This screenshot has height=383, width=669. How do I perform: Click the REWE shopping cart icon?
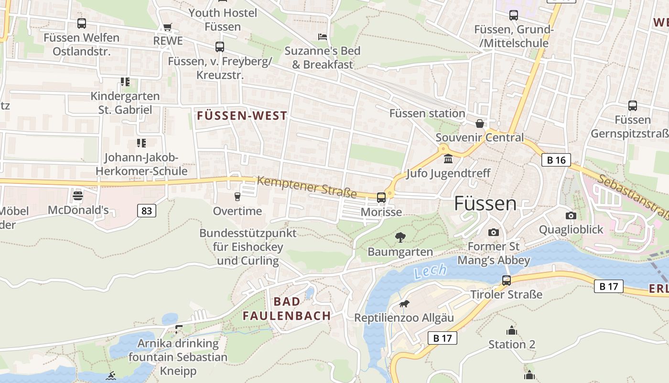(167, 27)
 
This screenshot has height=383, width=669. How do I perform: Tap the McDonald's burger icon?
(78, 196)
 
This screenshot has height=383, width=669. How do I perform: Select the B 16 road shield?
(556, 160)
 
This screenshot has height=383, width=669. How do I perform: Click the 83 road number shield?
(147, 210)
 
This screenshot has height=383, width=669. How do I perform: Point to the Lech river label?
(431, 271)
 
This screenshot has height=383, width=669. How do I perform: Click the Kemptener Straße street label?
(307, 187)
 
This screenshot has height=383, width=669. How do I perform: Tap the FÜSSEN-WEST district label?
(242, 115)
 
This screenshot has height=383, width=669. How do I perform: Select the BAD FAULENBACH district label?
(287, 309)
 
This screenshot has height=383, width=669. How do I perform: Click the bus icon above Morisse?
(381, 197)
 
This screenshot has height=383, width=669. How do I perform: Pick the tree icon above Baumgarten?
(400, 237)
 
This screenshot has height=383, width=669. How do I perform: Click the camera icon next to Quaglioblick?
(571, 215)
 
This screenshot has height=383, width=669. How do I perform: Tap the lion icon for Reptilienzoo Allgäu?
(404, 304)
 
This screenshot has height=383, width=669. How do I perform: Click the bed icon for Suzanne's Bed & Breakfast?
(323, 37)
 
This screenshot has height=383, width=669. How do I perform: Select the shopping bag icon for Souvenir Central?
(480, 124)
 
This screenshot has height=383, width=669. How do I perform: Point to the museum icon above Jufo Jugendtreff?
(448, 159)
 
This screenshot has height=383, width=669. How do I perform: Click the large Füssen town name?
(485, 203)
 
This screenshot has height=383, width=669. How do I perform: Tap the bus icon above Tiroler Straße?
(507, 280)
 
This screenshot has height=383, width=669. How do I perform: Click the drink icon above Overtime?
(237, 197)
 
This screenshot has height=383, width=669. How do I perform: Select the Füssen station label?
(427, 113)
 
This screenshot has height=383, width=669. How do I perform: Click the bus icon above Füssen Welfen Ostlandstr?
(82, 23)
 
